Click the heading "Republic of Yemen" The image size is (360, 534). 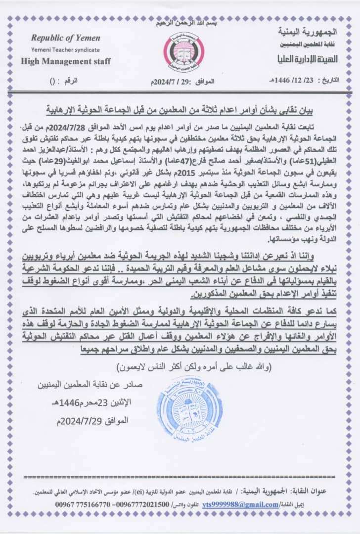point(66,38)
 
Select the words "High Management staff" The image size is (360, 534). point(66,61)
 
